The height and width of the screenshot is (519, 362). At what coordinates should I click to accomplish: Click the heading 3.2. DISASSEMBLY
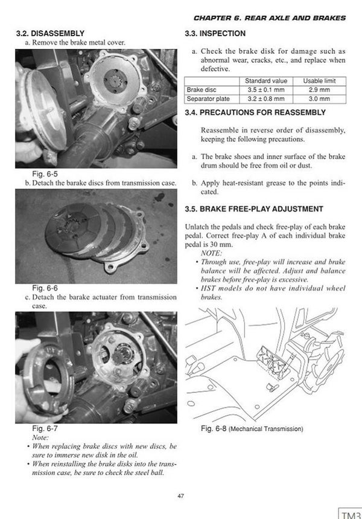(x=50, y=33)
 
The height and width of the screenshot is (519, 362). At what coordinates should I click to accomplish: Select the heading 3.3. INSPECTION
(x=214, y=33)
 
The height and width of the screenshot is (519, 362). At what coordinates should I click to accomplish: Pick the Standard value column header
(x=267, y=81)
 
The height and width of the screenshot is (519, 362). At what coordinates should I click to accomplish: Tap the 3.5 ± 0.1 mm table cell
(x=267, y=89)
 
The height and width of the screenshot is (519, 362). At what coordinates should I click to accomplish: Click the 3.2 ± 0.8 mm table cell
(x=267, y=98)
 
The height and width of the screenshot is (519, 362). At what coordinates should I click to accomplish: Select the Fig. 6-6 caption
(x=28, y=288)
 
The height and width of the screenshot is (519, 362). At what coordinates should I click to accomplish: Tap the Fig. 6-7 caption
(x=28, y=428)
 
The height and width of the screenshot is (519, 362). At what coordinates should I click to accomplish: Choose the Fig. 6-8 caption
(x=251, y=428)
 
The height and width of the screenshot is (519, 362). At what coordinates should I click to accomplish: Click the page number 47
(x=180, y=495)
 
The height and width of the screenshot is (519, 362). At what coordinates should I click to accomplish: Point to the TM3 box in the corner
(x=350, y=512)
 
